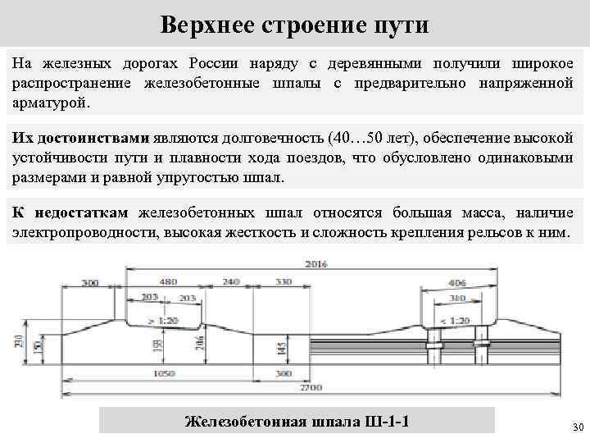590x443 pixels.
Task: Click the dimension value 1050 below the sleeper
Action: tap(163, 373)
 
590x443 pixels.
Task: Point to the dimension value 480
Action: tap(168, 282)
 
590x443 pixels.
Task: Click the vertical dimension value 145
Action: tap(282, 348)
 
